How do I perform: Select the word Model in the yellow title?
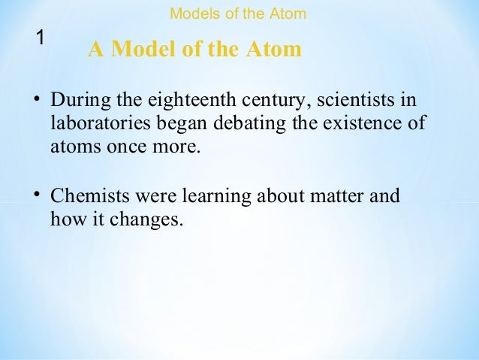pyautogui.click(x=144, y=50)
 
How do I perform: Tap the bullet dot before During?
pyautogui.click(x=36, y=100)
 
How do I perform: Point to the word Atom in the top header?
pyautogui.click(x=291, y=14)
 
